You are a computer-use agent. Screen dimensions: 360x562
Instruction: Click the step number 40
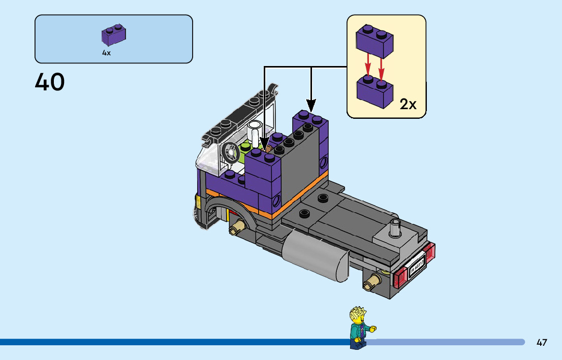point(50,82)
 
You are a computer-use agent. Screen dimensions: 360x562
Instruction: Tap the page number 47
point(542,342)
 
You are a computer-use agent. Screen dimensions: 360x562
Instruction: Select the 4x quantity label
point(106,53)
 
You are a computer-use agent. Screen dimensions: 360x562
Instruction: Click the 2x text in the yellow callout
point(408,105)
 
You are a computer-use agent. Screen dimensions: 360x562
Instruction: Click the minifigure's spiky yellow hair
point(358,314)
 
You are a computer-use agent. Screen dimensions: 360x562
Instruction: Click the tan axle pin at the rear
point(374,280)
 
